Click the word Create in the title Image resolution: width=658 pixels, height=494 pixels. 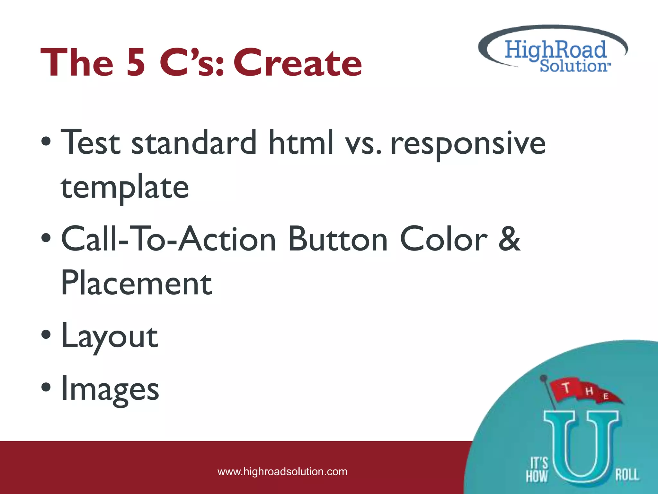[298, 63]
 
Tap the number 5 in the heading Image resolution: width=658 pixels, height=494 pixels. [136, 63]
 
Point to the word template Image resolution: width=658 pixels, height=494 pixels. [125, 188]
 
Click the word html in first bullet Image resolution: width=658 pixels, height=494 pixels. [301, 142]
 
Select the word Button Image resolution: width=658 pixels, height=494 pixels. [338, 239]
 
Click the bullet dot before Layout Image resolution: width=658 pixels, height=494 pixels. [46, 335]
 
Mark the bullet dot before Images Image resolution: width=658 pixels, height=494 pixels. [46, 387]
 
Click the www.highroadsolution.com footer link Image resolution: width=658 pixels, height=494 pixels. [282, 472]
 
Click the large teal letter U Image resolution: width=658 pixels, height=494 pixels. [581, 447]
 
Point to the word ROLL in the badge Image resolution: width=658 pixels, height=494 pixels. [627, 475]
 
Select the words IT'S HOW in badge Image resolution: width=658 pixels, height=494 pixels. [537, 470]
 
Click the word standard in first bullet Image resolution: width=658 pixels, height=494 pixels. [194, 142]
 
